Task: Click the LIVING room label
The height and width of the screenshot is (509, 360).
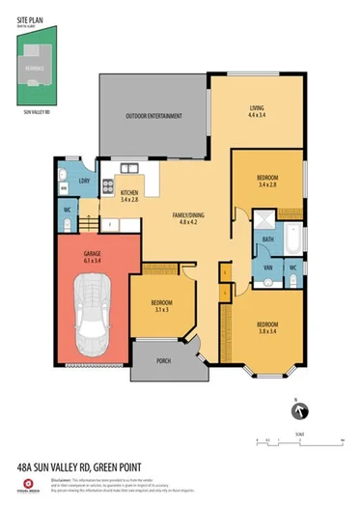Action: click(256, 109)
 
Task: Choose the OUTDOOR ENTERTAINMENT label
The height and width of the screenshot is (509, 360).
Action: click(152, 118)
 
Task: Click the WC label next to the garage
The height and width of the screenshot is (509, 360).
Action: click(66, 210)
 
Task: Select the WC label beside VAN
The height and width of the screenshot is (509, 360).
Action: click(292, 266)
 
